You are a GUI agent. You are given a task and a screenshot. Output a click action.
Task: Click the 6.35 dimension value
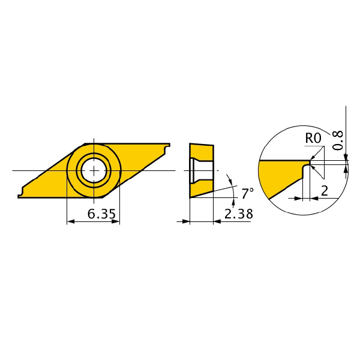(x=101, y=214)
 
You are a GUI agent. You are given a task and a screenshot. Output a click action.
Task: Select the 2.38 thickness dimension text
(x=239, y=214)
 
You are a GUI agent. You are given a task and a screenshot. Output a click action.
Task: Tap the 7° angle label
(x=247, y=193)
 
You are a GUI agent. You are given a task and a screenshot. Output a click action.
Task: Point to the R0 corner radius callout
(x=313, y=138)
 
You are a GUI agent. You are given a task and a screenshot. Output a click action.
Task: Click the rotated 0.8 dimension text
(x=337, y=140)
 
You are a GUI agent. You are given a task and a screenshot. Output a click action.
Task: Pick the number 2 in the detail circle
(x=325, y=191)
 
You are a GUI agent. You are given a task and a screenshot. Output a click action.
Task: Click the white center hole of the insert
(x=94, y=170)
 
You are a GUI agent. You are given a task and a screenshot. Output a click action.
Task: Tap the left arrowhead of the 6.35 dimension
(x=71, y=221)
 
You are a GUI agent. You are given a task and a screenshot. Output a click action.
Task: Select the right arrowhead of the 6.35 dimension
(x=115, y=221)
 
